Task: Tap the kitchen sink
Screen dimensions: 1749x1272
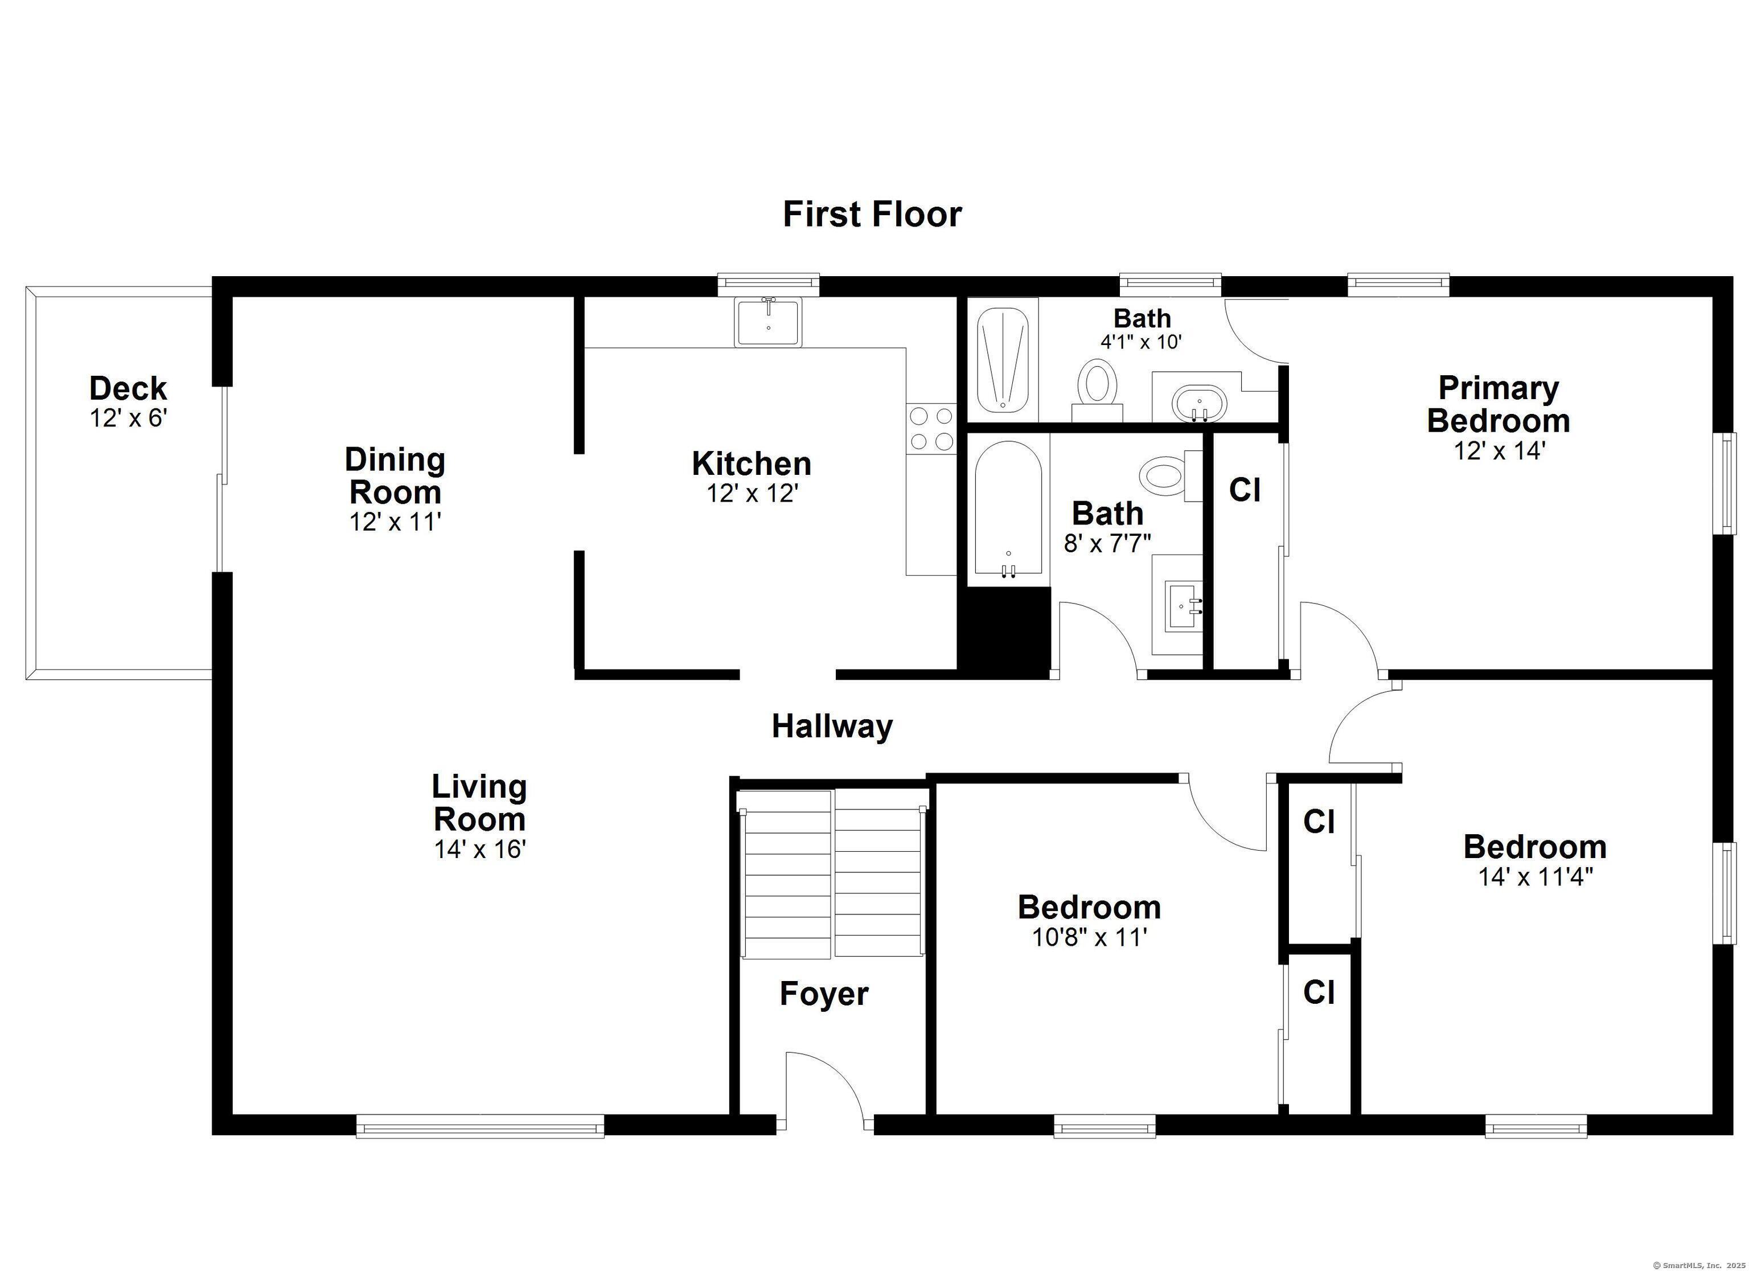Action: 769,322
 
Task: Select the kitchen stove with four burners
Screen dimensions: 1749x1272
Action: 931,429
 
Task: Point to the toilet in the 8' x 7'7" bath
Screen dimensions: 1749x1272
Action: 1170,476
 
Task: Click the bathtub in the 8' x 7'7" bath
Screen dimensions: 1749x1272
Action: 1008,509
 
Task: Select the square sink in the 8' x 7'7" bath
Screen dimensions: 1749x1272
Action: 1184,605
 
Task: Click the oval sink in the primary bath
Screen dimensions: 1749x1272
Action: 1199,404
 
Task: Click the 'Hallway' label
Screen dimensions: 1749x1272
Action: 832,727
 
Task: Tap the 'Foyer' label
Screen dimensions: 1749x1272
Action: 824,994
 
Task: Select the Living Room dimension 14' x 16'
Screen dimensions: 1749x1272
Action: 479,850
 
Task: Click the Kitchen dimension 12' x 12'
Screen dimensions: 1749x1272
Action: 752,493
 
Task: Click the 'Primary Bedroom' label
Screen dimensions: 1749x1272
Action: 1498,404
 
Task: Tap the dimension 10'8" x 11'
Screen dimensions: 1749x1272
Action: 1090,937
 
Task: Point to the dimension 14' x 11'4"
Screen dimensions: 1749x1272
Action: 1535,877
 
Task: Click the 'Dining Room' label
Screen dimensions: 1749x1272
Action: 395,476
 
